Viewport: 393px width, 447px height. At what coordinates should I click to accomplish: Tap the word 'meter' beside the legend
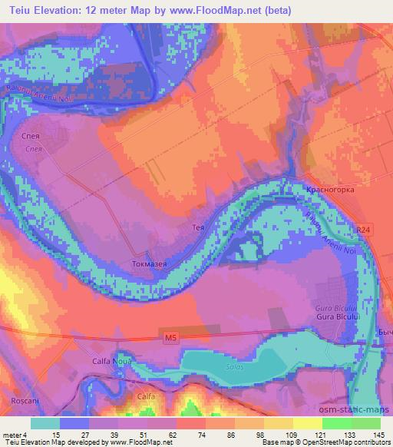(x=11, y=434)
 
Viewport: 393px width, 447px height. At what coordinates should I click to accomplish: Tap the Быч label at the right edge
(x=385, y=331)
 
